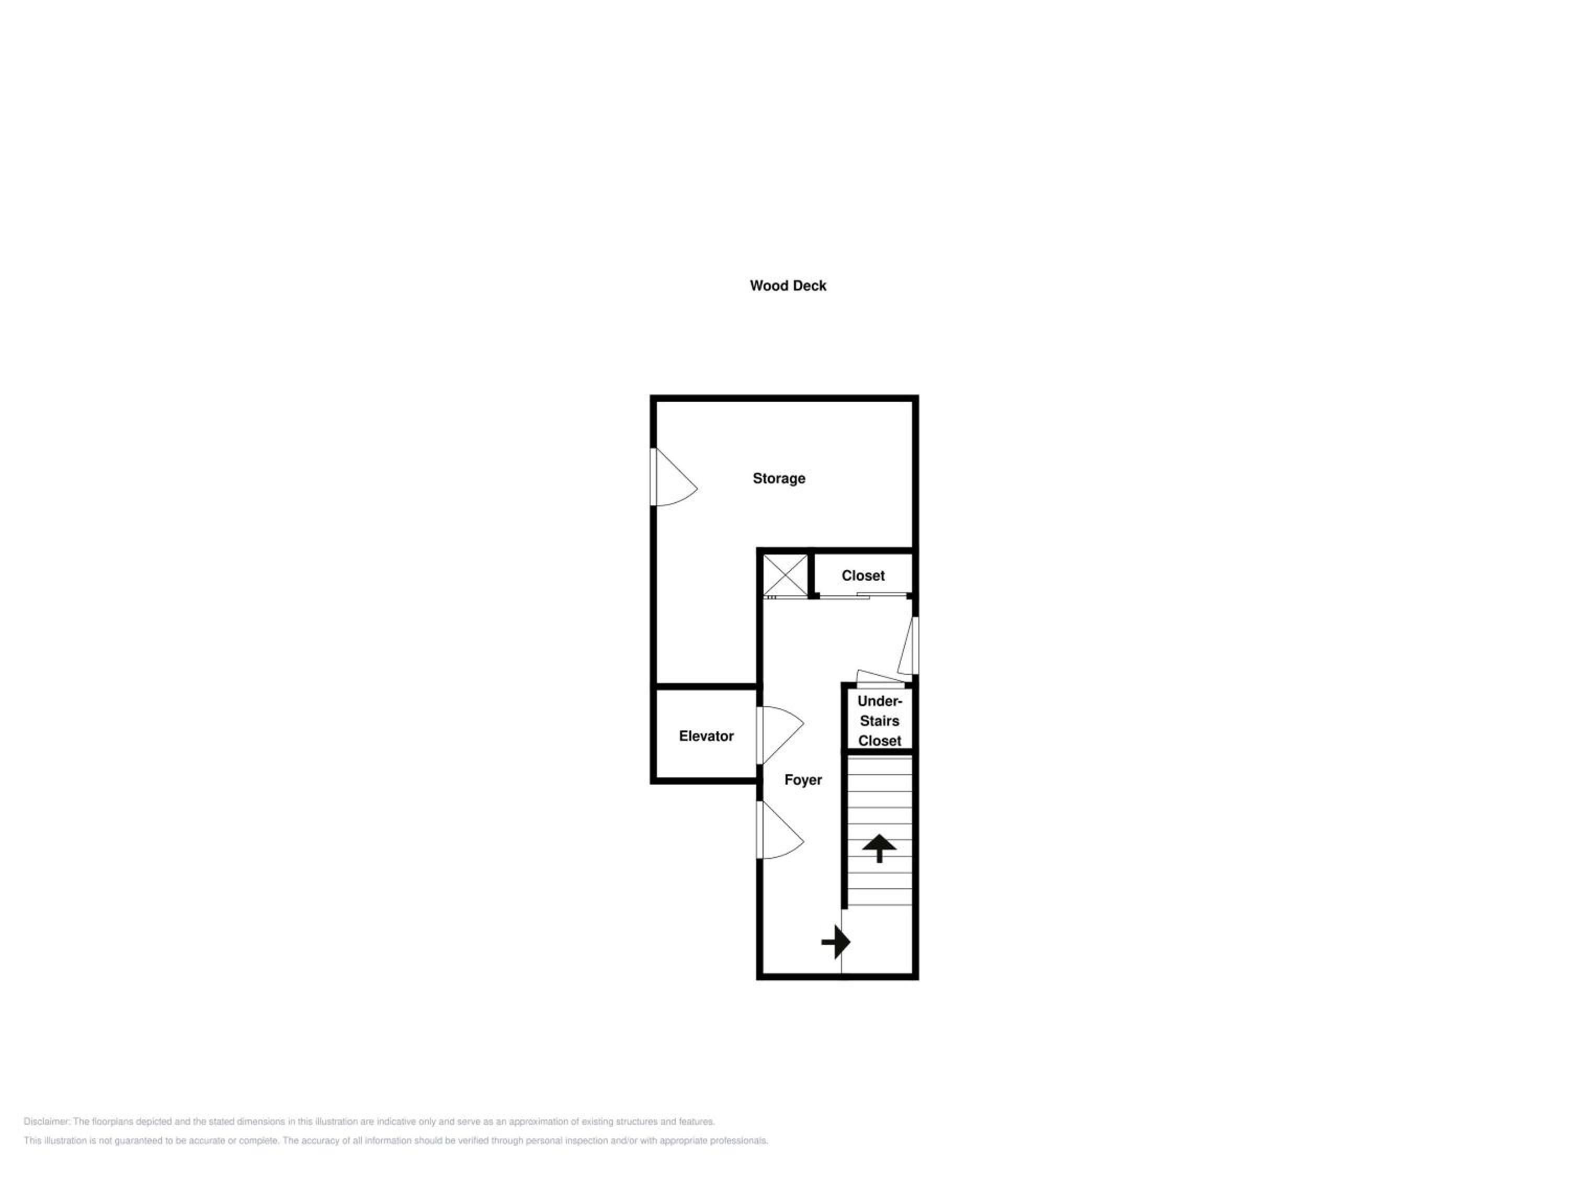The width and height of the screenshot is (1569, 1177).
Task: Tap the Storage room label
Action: pos(779,479)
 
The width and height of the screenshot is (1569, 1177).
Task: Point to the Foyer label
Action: pos(803,780)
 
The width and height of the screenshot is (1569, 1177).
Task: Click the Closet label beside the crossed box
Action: pos(863,576)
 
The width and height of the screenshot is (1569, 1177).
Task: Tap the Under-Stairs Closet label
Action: pos(880,721)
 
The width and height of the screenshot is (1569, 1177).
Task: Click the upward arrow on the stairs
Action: pos(880,848)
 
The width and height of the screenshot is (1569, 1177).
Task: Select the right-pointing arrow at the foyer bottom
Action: pos(836,943)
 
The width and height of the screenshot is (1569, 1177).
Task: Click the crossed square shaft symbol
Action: pos(785,575)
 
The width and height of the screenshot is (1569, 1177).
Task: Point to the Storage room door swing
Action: pos(674,477)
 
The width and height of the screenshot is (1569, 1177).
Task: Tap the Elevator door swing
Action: pos(780,735)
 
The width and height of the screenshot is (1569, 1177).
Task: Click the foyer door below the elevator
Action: pos(780,830)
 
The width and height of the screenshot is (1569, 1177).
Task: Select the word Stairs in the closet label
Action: pos(880,721)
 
